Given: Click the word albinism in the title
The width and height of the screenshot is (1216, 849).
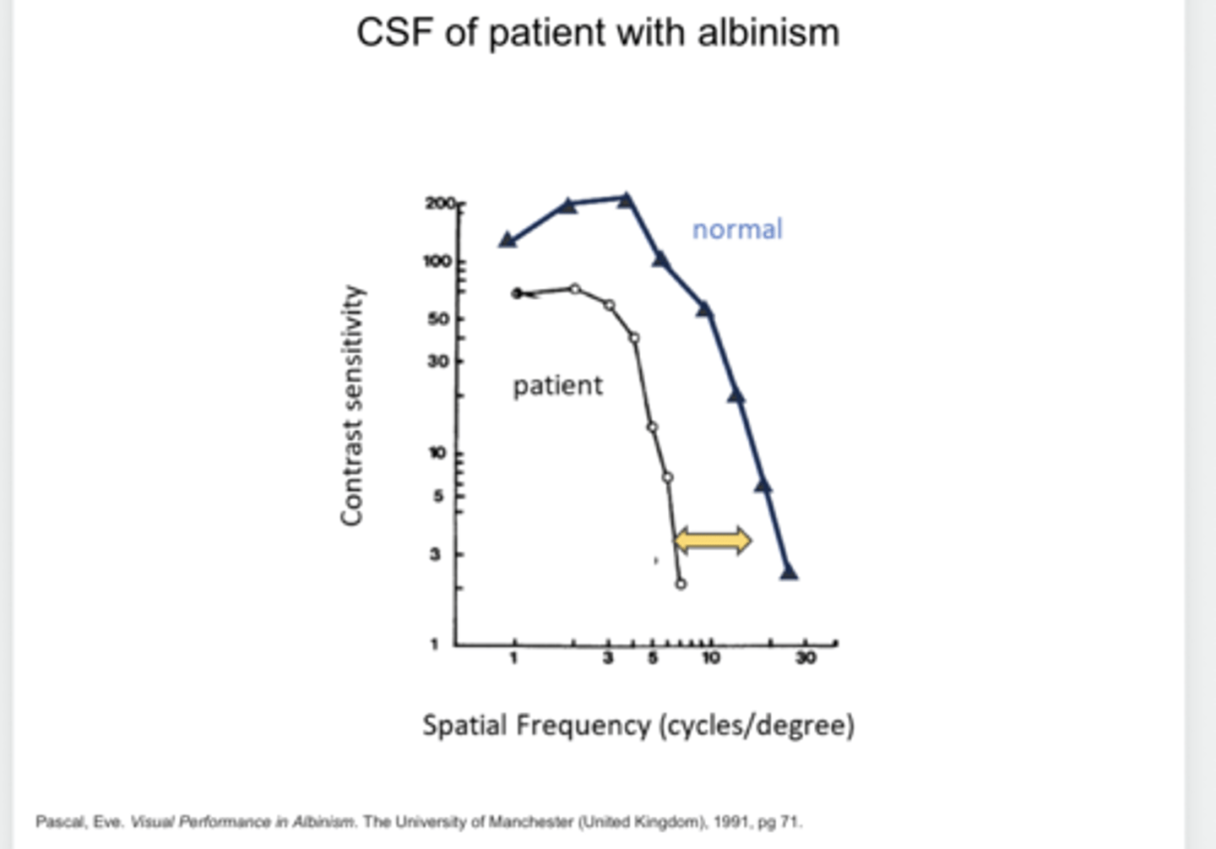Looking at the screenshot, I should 768,34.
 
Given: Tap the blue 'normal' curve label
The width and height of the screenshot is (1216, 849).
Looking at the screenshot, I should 737,229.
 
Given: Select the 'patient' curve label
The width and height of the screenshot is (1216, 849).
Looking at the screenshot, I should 557,385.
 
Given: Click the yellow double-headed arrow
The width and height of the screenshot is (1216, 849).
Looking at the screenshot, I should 713,540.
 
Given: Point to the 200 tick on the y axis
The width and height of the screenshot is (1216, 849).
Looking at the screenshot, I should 440,204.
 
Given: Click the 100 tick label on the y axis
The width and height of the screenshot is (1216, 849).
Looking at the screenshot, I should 437,261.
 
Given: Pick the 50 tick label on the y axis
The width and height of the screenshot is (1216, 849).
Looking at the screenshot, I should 438,318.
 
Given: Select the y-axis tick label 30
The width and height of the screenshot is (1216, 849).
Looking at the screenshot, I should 438,361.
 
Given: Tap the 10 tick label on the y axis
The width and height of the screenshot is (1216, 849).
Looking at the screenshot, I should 437,454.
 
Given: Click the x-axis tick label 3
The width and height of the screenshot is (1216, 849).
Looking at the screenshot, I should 608,658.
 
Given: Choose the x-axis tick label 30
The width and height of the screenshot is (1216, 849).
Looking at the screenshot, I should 806,658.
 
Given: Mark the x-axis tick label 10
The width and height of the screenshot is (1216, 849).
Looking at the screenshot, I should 711,658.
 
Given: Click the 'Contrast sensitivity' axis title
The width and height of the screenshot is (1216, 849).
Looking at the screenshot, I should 352,405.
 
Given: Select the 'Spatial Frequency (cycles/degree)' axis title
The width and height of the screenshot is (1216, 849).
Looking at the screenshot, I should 638,726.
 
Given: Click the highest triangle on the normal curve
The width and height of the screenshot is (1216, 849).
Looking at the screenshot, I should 626,200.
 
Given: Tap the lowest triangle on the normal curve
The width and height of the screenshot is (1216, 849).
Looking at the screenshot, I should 789,573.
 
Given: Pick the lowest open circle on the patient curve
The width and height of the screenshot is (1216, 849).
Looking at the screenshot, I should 681,584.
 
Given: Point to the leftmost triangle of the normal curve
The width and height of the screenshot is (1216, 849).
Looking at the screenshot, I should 508,240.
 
